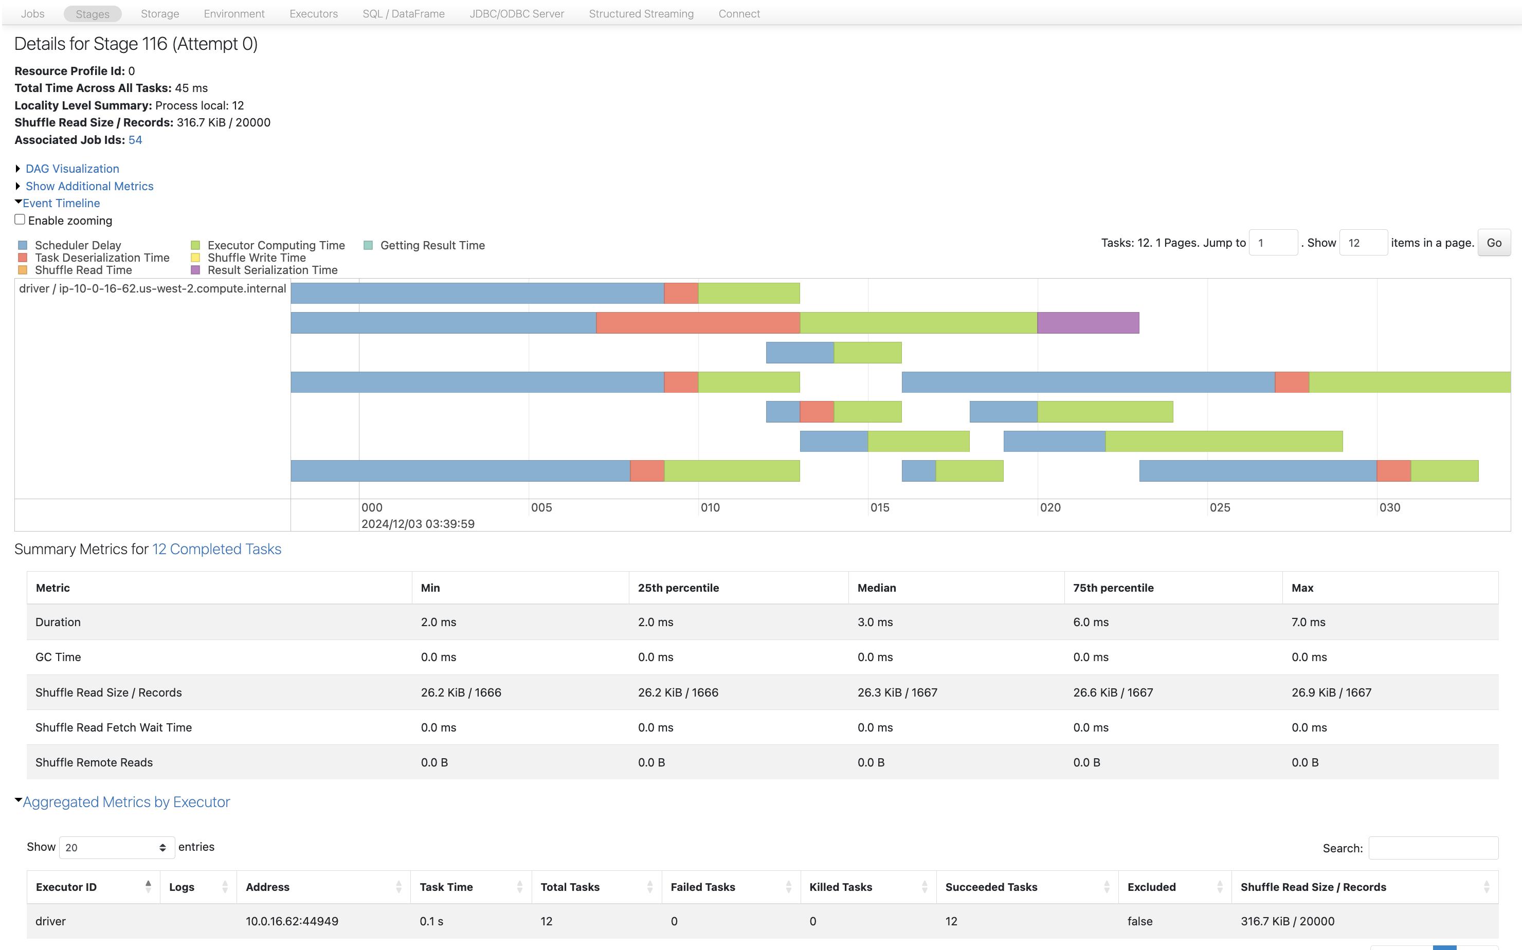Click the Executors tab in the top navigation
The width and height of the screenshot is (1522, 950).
pyautogui.click(x=313, y=14)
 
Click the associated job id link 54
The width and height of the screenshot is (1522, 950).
pyautogui.click(x=135, y=140)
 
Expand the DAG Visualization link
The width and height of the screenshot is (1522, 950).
pyautogui.click(x=73, y=169)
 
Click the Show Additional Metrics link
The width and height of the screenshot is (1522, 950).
pyautogui.click(x=89, y=186)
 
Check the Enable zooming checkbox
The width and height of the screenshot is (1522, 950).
pyautogui.click(x=20, y=220)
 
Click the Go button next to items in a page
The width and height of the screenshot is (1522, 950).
pyautogui.click(x=1493, y=243)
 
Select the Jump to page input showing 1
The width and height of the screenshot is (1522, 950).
pyautogui.click(x=1273, y=243)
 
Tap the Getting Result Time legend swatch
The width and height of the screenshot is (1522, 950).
pyautogui.click(x=368, y=245)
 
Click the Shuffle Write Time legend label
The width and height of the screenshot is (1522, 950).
pyautogui.click(x=257, y=258)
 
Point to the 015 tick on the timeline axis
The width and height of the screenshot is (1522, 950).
pyautogui.click(x=879, y=508)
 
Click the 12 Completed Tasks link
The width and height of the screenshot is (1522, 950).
pyautogui.click(x=216, y=549)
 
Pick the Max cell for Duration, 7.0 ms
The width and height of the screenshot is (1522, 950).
pyautogui.click(x=1308, y=622)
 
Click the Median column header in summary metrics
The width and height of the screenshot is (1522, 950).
pyautogui.click(x=876, y=588)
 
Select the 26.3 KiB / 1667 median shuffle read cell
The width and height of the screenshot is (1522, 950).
pyautogui.click(x=897, y=692)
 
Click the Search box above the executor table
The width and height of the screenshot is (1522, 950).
pyautogui.click(x=1432, y=848)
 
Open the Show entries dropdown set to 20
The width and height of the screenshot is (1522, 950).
pyautogui.click(x=116, y=848)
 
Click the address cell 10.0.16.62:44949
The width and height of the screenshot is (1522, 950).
pyautogui.click(x=292, y=921)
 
